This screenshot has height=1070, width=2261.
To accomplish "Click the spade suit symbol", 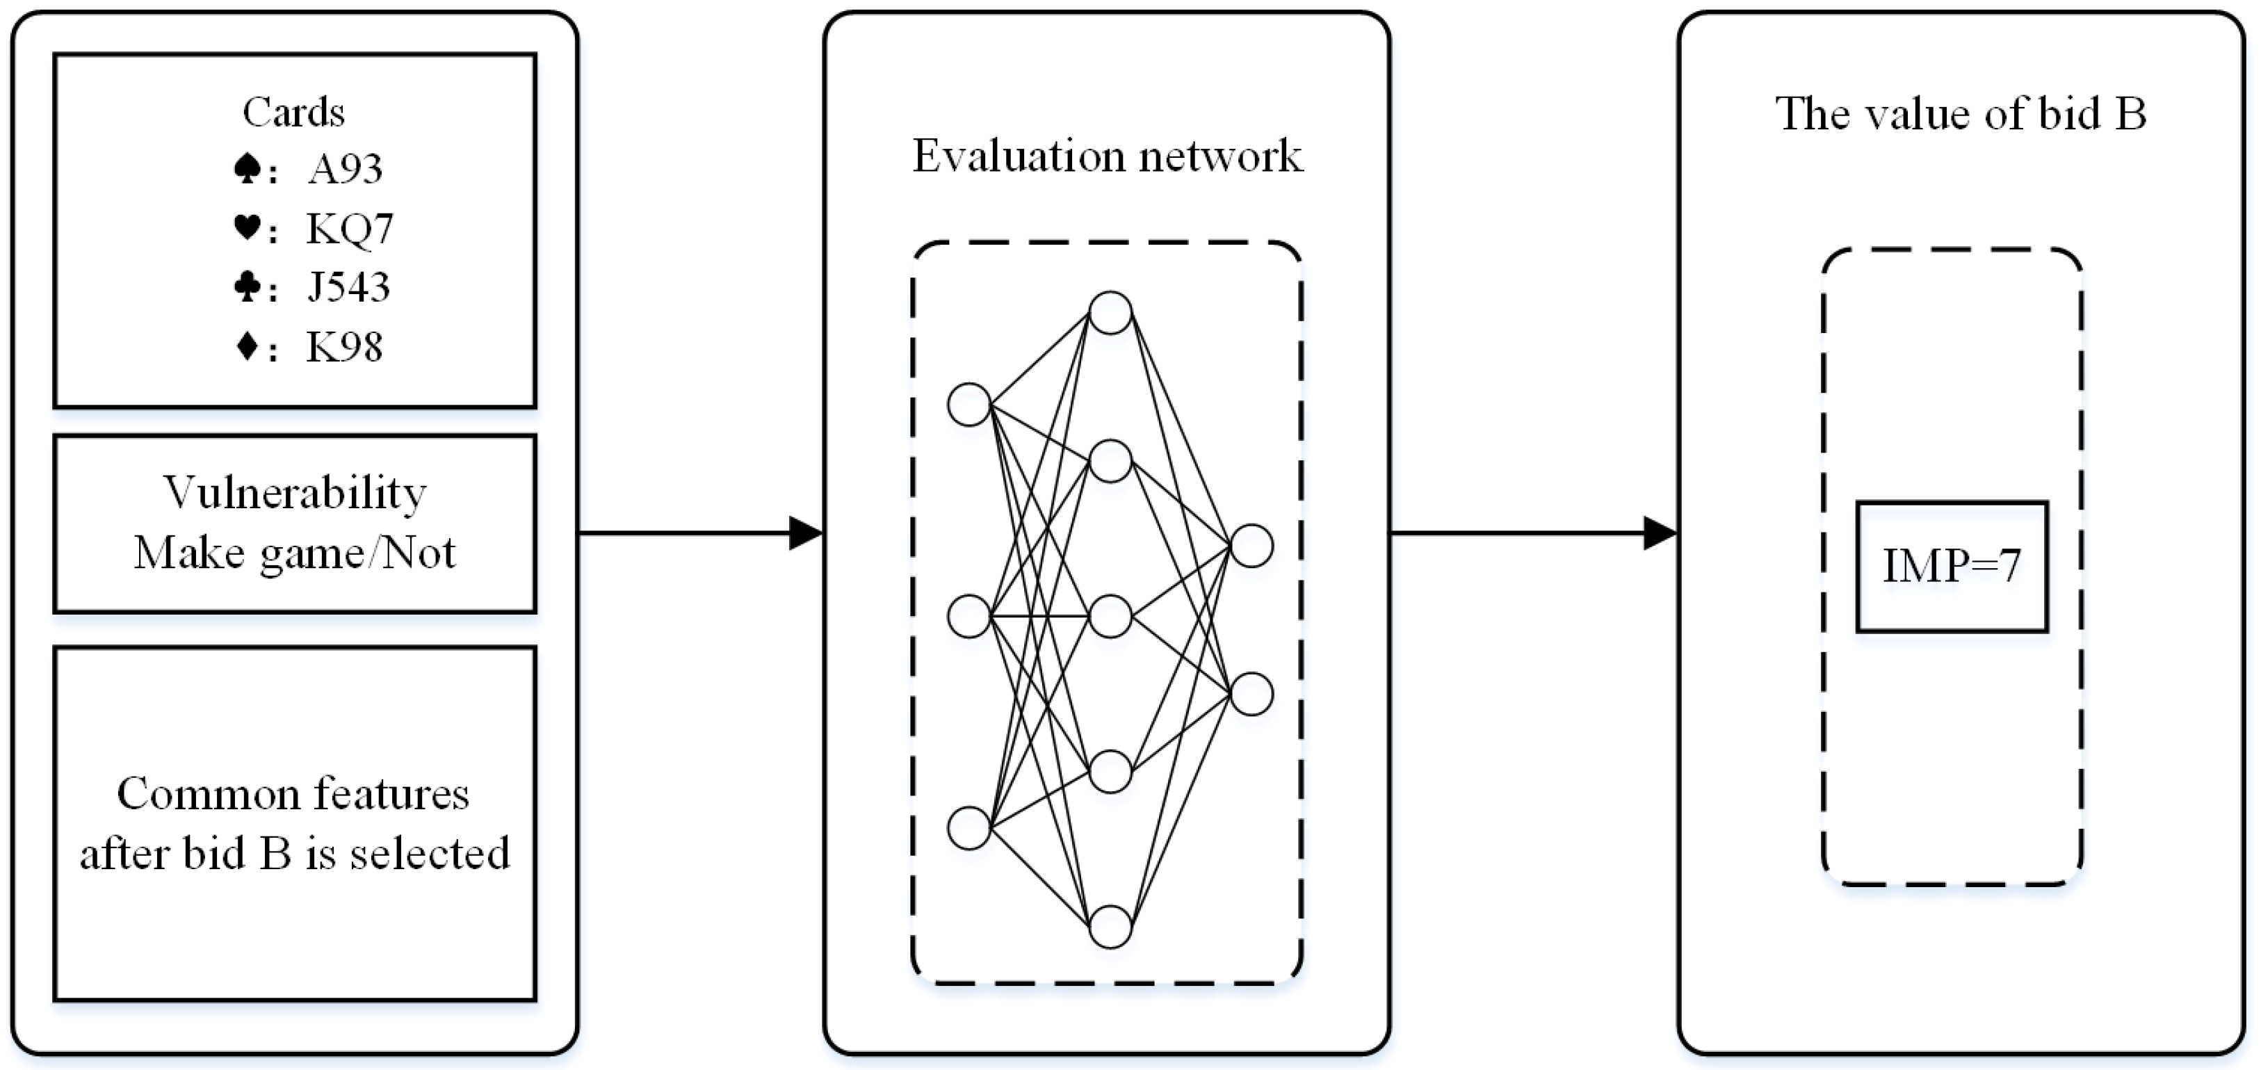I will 247,168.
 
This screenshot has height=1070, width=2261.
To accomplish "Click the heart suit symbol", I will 247,228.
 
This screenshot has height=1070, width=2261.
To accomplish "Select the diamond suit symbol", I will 248,346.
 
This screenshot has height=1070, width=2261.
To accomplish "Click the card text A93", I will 345,168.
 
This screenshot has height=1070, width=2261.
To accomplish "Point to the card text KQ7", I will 349,228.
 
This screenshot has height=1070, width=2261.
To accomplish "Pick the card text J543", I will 348,287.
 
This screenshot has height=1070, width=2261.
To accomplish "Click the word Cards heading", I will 293,113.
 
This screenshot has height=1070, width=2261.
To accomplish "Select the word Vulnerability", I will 295,494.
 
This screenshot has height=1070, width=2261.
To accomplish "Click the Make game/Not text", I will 295,553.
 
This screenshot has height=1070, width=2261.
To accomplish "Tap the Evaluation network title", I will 1107,156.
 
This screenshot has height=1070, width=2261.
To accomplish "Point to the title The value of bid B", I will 1961,114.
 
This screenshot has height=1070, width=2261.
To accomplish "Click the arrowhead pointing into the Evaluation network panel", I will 805,533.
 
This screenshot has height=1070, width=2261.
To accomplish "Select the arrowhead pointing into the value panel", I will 1659,533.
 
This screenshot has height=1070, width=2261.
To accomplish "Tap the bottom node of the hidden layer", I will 1110,927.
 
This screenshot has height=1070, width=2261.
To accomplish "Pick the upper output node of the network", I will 1251,546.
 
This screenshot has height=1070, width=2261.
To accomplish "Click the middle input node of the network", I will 969,616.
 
